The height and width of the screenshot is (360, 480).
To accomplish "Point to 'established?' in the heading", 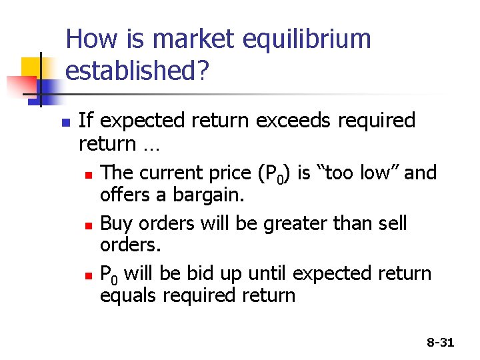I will pos(139,71).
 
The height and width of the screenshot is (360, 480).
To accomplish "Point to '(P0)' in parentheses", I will pos(273,173).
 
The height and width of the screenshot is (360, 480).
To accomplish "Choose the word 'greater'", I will pos(299,223).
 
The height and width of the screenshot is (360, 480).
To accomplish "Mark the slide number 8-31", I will pos(440,343).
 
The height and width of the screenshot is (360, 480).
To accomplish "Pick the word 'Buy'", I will pos(117,223).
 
